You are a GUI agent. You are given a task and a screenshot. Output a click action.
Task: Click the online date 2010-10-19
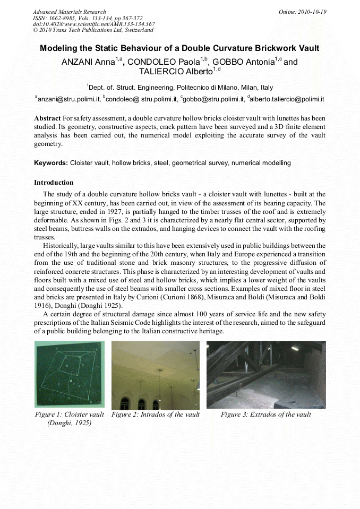click(312, 12)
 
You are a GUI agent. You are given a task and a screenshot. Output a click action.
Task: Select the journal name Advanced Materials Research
click(69, 12)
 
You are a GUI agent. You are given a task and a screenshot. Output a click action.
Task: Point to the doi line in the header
click(93, 24)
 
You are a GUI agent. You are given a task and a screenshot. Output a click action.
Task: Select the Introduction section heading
click(54, 183)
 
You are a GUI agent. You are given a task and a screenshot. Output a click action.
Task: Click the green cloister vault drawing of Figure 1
click(70, 374)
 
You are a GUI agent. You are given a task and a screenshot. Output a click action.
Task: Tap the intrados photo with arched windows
click(155, 374)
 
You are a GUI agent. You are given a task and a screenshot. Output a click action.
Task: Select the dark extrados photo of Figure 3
click(266, 374)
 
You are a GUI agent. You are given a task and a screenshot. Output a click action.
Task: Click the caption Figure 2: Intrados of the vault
click(155, 415)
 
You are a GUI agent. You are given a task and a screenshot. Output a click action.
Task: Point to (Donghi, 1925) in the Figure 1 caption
click(70, 423)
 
